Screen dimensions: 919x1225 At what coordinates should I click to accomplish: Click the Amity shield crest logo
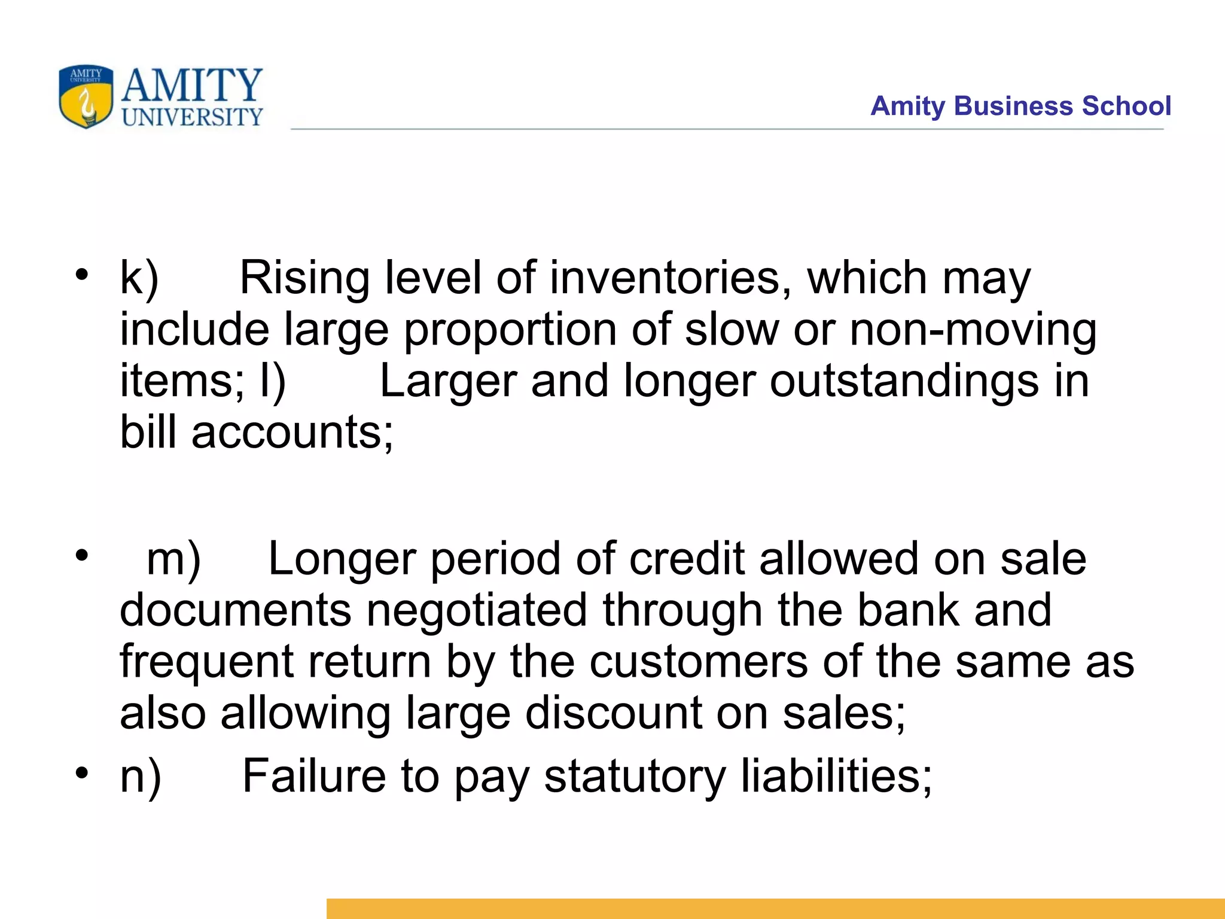click(x=86, y=96)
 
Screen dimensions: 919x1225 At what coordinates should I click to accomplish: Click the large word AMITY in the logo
click(x=192, y=85)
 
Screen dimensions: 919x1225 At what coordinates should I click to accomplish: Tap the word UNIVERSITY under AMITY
click(x=192, y=117)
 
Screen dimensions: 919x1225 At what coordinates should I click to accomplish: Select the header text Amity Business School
click(x=1020, y=106)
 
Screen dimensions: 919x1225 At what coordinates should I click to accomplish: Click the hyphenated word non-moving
click(x=973, y=330)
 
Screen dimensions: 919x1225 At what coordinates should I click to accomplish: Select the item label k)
click(x=139, y=278)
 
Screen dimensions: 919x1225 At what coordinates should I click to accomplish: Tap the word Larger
click(x=447, y=382)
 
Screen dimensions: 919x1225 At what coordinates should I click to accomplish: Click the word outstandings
click(x=904, y=382)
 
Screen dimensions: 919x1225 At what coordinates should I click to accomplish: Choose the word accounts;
click(x=292, y=433)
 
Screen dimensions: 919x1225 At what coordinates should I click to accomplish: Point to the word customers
click(x=698, y=662)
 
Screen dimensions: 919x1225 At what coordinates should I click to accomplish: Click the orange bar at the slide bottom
click(x=775, y=908)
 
